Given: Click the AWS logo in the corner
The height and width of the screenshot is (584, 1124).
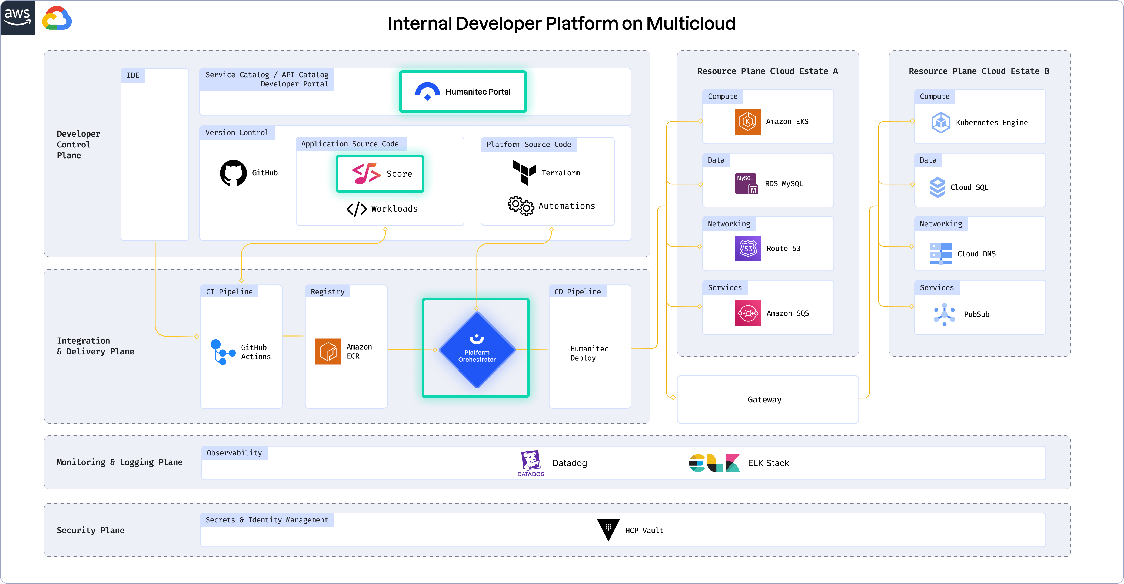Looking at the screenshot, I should [x=18, y=18].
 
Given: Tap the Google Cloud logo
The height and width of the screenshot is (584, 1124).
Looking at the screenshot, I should [x=57, y=18].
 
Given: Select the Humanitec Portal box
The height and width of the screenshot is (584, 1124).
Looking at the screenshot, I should [x=463, y=92].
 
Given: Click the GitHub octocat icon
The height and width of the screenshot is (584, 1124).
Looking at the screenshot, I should [x=233, y=173].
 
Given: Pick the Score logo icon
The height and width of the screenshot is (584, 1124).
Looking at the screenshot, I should [x=366, y=174].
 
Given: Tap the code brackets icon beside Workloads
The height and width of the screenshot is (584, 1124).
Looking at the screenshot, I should [x=357, y=209].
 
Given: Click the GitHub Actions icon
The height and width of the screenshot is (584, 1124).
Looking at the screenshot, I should [x=222, y=351].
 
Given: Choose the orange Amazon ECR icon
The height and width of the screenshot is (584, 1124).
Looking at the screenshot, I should [x=328, y=351].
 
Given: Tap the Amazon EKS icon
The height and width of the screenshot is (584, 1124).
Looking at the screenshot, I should [x=747, y=122].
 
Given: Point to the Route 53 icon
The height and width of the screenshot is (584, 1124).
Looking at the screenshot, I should [x=748, y=249].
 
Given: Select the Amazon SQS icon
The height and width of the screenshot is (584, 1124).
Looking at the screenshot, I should [x=748, y=313].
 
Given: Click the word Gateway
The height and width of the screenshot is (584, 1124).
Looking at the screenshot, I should [x=764, y=400].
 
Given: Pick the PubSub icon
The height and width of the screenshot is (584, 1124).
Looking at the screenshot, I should [x=944, y=314].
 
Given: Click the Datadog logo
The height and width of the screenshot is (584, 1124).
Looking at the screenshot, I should [x=531, y=463].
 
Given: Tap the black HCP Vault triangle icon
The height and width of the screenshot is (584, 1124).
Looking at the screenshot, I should [x=608, y=529].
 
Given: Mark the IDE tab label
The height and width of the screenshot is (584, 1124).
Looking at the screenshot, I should [x=133, y=75].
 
